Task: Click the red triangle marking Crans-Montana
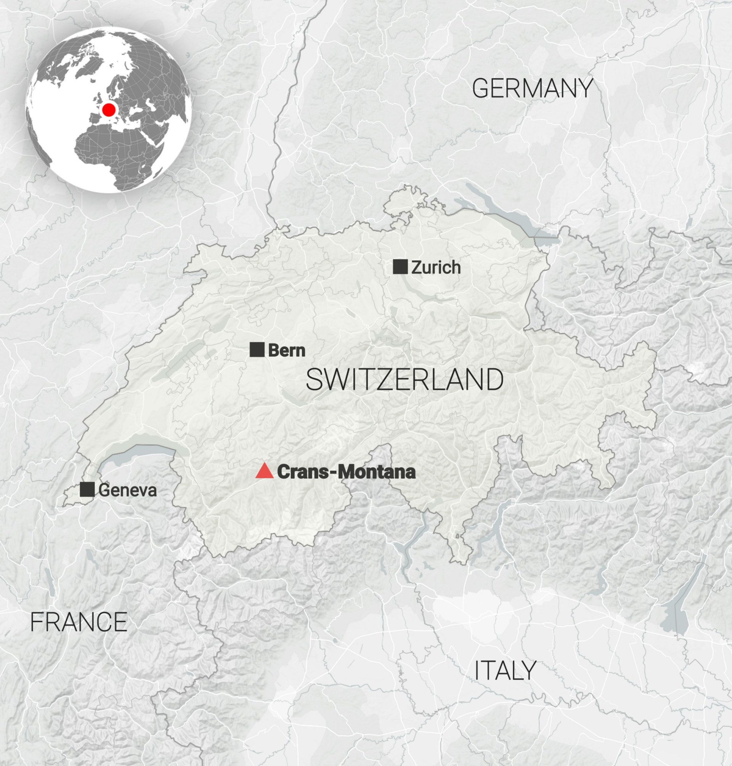pyautogui.click(x=264, y=471)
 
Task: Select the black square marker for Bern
pyautogui.click(x=257, y=349)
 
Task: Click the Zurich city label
pyautogui.click(x=436, y=268)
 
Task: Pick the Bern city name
pyautogui.click(x=286, y=350)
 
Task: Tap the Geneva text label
pyautogui.click(x=127, y=490)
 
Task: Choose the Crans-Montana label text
pyautogui.click(x=346, y=472)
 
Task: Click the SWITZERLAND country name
pyautogui.click(x=405, y=380)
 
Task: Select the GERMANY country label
pyautogui.click(x=533, y=88)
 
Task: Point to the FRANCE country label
pyautogui.click(x=79, y=622)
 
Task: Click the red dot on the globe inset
pyautogui.click(x=109, y=110)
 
